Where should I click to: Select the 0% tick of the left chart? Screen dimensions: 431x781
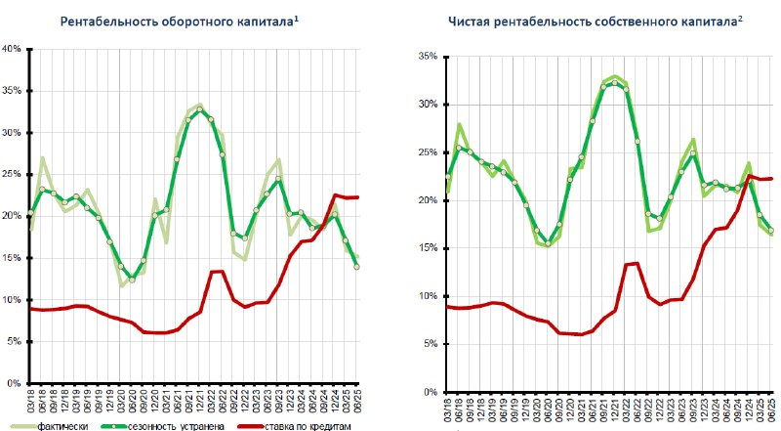(x=15, y=383)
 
